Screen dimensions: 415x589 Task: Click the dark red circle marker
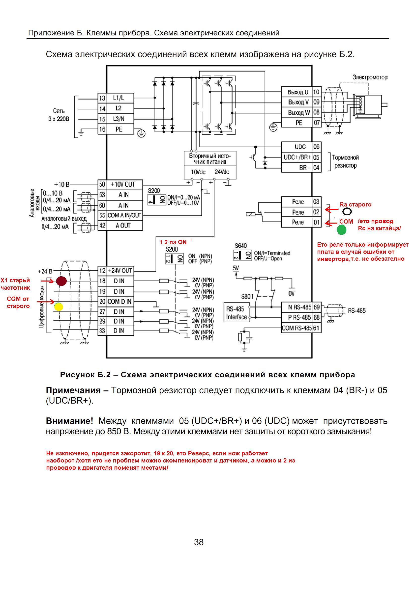coord(61,281)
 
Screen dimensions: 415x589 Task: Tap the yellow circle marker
coord(59,307)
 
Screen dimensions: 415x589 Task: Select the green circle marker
coord(341,230)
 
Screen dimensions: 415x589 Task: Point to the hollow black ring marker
coord(347,212)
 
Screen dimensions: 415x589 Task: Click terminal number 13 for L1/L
coord(102,98)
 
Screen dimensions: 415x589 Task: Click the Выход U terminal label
coord(298,92)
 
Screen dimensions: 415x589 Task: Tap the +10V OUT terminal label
coord(122,184)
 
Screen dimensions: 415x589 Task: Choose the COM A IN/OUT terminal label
coord(124,215)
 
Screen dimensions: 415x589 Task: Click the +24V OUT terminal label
coord(120,271)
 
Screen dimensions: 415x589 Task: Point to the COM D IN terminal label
coord(119,301)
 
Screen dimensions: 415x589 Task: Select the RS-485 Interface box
coord(237,313)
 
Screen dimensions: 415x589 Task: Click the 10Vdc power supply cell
coord(198,172)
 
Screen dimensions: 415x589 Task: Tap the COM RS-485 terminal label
coord(296,328)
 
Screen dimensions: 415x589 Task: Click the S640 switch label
coord(241,246)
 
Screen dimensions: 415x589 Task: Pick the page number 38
coord(199,542)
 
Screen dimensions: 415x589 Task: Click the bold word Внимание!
coord(69,421)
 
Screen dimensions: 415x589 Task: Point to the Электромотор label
coord(370,77)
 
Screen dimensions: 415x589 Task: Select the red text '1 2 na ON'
coord(173,242)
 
